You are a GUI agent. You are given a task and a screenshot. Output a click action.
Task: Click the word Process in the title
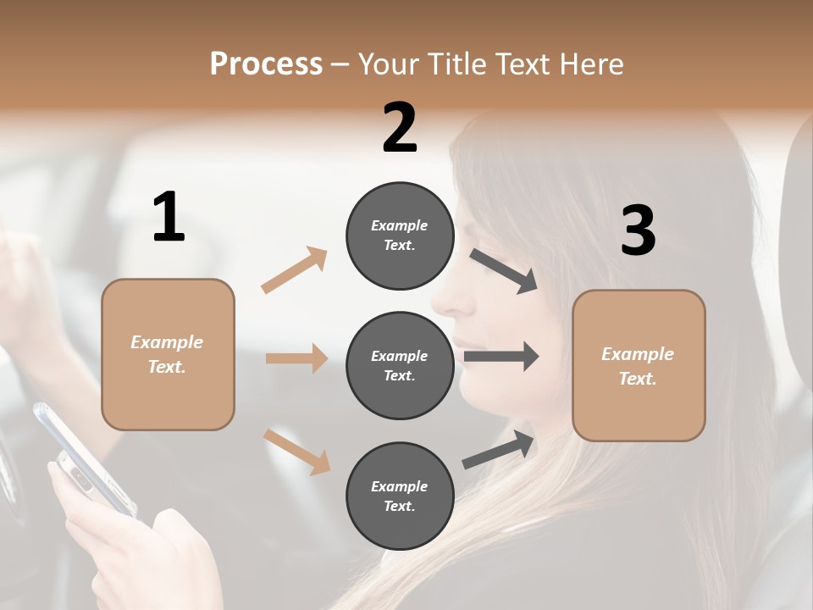pyautogui.click(x=266, y=64)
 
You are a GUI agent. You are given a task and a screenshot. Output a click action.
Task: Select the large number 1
pyautogui.click(x=169, y=218)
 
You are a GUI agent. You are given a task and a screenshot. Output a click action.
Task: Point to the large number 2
pyautogui.click(x=400, y=128)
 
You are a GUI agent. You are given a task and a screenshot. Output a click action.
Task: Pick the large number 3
pyautogui.click(x=638, y=231)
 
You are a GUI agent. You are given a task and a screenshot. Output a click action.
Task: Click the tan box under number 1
pyautogui.click(x=168, y=354)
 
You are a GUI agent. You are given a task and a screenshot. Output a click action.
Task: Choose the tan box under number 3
pyautogui.click(x=639, y=365)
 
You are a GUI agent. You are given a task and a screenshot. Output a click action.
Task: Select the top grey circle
pyautogui.click(x=400, y=236)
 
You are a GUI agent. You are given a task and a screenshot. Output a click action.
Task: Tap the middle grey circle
pyautogui.click(x=400, y=365)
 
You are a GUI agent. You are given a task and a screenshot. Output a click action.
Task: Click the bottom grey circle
pyautogui.click(x=400, y=496)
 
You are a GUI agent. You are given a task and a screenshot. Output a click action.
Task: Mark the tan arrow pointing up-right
pyautogui.click(x=295, y=269)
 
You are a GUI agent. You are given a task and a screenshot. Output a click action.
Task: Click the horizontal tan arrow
pyautogui.click(x=296, y=358)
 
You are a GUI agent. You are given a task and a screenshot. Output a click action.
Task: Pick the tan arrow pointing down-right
pyautogui.click(x=296, y=452)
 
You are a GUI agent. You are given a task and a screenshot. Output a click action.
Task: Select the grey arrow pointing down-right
pyautogui.click(x=504, y=270)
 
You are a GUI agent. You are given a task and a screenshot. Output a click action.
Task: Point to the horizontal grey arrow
pyautogui.click(x=501, y=357)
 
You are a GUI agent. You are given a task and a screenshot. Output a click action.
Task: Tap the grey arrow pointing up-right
pyautogui.click(x=499, y=450)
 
